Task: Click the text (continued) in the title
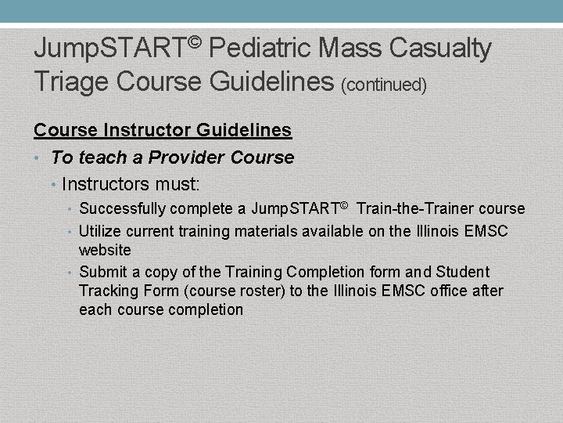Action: pos(384,84)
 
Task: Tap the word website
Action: pos(105,250)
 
